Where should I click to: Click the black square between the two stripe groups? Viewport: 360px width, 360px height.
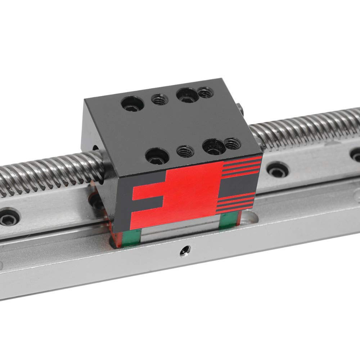coord(238,186)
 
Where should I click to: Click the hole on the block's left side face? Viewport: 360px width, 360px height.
coord(95,147)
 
